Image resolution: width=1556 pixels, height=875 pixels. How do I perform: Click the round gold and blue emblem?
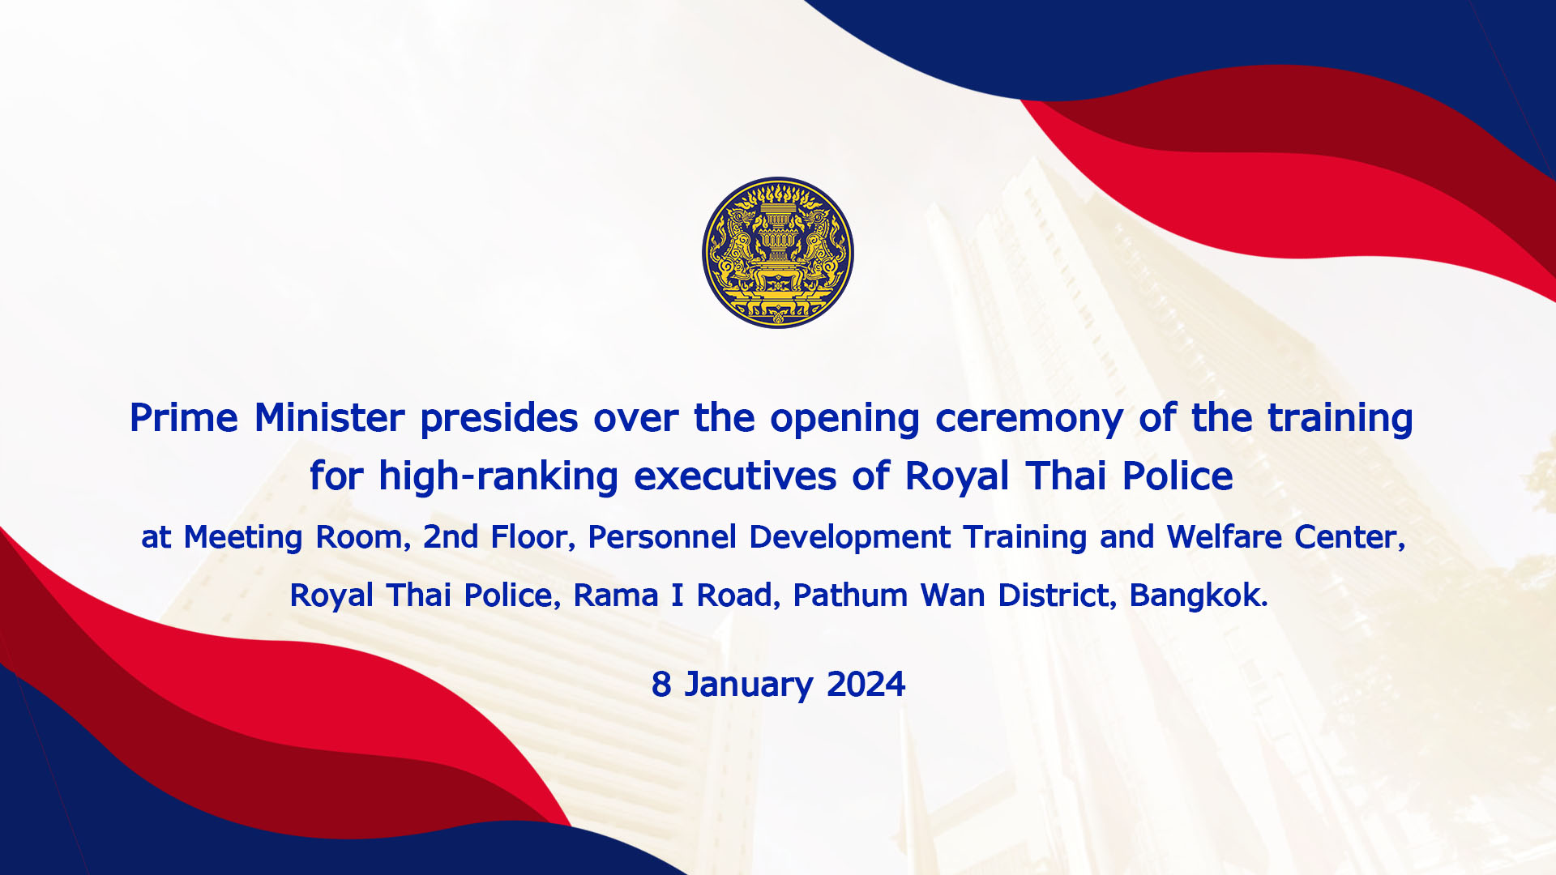(778, 253)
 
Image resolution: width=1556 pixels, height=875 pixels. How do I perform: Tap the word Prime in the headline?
(184, 418)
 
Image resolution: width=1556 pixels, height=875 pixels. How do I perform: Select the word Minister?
(329, 418)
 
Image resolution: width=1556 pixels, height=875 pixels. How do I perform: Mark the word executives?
(735, 476)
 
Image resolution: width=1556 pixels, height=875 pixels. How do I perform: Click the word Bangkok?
(1199, 596)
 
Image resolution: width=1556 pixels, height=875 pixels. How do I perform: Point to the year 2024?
(866, 685)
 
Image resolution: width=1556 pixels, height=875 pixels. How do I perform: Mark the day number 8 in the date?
(661, 685)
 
